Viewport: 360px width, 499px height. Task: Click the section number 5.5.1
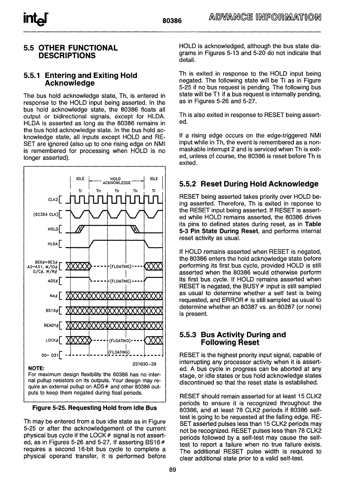point(32,75)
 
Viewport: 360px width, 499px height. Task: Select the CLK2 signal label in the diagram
point(53,200)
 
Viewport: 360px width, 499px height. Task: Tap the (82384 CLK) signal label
point(46,215)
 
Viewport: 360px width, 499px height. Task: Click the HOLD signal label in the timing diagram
point(53,229)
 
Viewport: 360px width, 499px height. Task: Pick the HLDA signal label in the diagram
point(53,244)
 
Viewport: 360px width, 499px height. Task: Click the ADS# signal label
point(52,281)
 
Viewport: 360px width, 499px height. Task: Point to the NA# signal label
point(53,296)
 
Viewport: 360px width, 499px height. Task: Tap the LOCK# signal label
point(52,341)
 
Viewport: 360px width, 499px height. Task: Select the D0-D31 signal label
point(50,355)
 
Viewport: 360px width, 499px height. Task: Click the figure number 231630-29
point(144,363)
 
